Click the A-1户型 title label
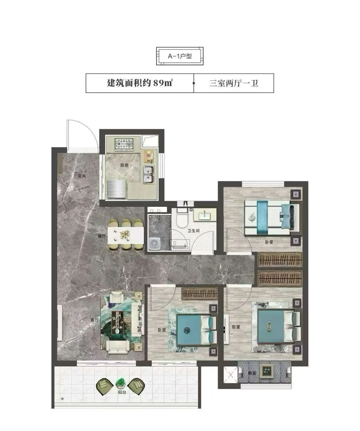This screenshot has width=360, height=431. coord(180,56)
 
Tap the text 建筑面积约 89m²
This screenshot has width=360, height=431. coord(140,83)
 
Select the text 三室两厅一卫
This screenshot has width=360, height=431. coord(234,83)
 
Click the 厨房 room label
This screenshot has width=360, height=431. coord(124,165)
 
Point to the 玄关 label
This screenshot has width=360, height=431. coord(82,176)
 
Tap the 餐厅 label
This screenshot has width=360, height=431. coord(102,236)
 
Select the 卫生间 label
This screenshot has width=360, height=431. coord(194,231)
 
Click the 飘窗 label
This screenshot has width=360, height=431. coord(252,373)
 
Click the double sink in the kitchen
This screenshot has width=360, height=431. coord(149,175)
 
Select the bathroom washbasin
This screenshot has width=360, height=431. coord(205,215)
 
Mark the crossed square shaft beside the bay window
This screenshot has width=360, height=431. coord(231,375)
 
